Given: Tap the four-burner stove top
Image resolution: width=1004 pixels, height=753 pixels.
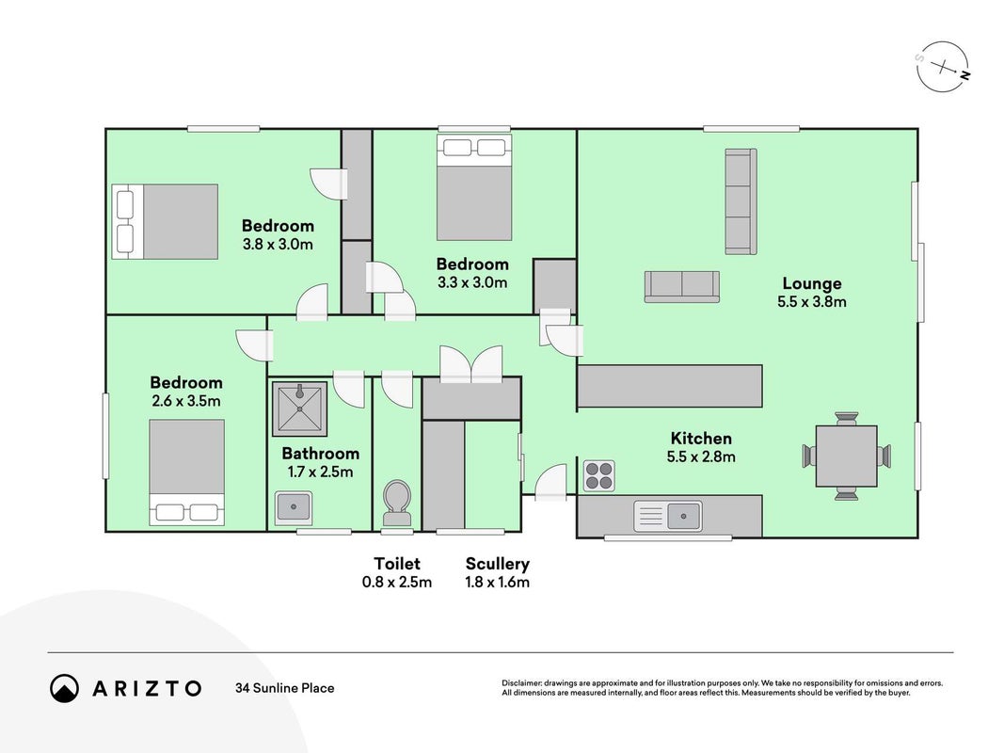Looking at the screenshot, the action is click(599, 475).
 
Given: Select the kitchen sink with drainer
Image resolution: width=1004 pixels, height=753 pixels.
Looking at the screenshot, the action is click(668, 516).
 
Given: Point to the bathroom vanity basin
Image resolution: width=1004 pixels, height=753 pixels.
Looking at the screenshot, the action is click(294, 508).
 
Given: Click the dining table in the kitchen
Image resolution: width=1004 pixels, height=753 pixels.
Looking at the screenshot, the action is click(847, 456).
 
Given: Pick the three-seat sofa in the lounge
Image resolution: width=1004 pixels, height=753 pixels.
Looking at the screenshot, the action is click(741, 201).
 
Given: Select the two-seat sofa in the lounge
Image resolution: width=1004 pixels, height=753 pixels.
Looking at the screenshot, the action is click(682, 286).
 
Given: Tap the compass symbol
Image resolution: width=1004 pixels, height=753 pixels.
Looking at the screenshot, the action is click(943, 67).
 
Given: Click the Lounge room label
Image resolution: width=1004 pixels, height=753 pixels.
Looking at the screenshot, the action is click(812, 283).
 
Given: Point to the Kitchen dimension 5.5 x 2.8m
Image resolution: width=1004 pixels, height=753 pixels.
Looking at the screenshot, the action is click(701, 457).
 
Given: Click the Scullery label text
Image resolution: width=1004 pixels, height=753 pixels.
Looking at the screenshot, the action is click(498, 564).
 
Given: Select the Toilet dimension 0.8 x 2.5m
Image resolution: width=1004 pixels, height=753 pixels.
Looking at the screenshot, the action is click(397, 582).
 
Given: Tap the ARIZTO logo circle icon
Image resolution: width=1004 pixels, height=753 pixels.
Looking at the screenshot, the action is click(65, 688).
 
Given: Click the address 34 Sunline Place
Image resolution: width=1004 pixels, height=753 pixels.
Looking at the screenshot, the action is click(285, 688).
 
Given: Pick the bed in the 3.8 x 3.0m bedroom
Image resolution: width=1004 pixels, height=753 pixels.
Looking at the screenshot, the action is click(166, 221).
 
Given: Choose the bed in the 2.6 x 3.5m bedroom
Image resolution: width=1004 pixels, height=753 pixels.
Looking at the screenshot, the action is click(187, 473).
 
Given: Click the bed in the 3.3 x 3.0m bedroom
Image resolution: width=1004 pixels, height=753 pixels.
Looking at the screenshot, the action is click(474, 187).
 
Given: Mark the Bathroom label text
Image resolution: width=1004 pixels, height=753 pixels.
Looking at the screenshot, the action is click(320, 454).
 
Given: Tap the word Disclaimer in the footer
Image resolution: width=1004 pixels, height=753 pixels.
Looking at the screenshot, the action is click(522, 683).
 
